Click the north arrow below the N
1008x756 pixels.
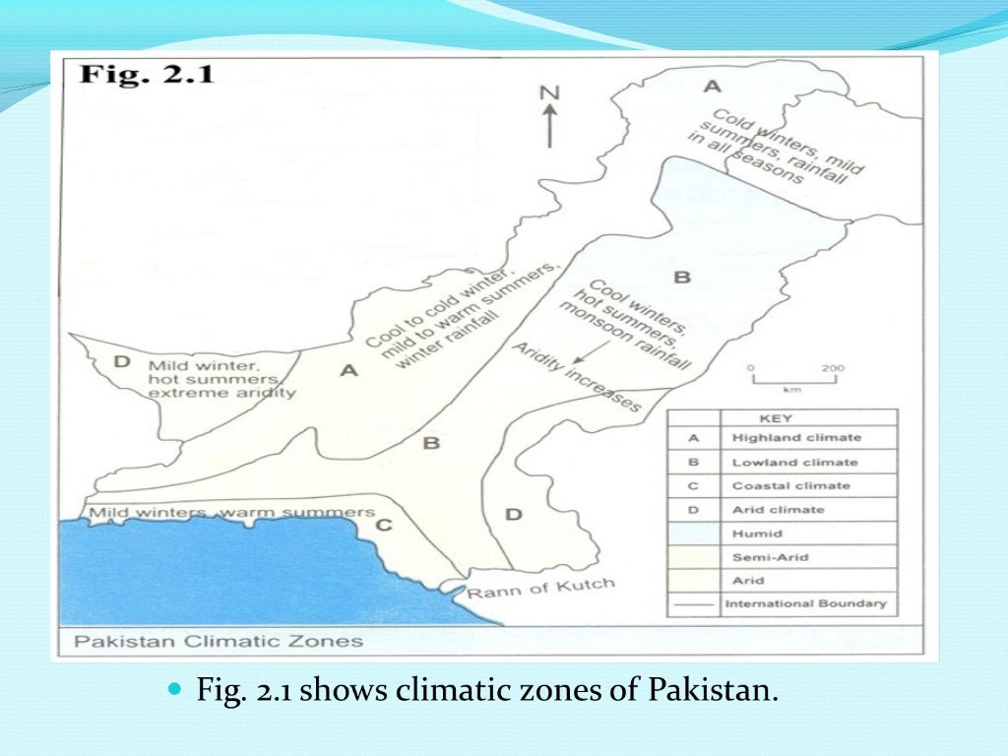(549, 125)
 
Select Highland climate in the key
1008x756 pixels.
(795, 437)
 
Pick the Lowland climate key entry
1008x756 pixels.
(793, 462)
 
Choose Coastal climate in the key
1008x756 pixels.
(790, 485)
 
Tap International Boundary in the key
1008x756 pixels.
(804, 603)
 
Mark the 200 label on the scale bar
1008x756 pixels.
(832, 369)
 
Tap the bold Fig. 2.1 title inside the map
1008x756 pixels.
(148, 75)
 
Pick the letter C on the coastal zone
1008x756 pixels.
(384, 526)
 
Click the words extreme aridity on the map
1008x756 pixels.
(221, 393)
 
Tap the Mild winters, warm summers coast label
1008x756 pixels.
(232, 513)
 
